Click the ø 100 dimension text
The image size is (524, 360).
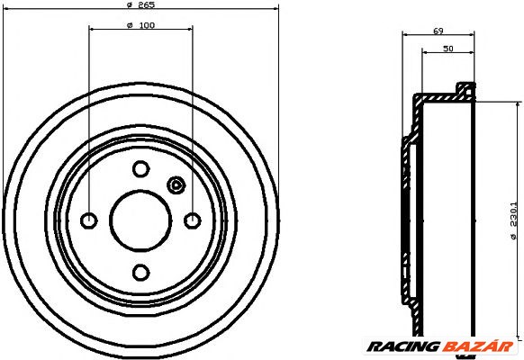[x=140, y=24]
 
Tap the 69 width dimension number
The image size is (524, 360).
[x=438, y=31]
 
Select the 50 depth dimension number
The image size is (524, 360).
[x=447, y=49]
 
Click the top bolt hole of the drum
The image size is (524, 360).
[x=140, y=168]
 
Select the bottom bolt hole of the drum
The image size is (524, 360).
[x=140, y=272]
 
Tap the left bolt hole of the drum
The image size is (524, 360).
[x=89, y=220]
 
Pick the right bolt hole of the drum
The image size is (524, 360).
[x=192, y=220]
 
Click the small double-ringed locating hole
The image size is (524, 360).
[x=176, y=186]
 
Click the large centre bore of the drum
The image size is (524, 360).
[x=140, y=220]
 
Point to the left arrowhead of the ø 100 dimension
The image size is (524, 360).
[x=92, y=31]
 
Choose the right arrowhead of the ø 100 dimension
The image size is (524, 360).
[x=189, y=31]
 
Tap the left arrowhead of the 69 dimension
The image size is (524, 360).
[x=404, y=37]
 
